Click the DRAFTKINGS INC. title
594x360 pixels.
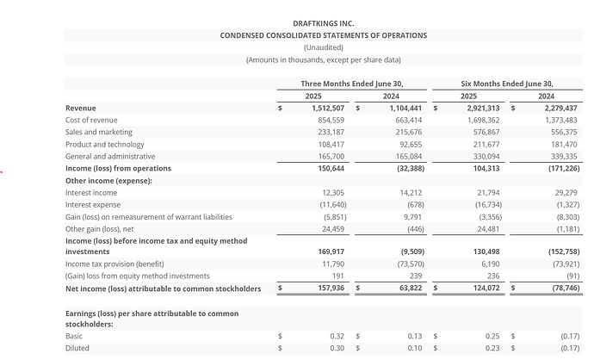323,23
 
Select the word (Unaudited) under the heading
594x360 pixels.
323,47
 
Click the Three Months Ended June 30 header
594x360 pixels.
351,83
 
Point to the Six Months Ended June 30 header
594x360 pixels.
507,83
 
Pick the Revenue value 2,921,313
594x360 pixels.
483,108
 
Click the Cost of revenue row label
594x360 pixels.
91,120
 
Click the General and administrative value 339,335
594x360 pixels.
560,157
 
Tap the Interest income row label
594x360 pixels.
91,193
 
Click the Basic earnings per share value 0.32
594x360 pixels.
337,336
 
